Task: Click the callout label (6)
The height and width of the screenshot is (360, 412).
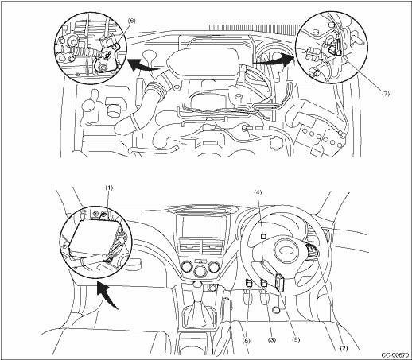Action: coord(131,21)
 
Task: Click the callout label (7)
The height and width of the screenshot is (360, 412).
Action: coord(386,94)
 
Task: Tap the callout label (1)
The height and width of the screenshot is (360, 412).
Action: coord(109,188)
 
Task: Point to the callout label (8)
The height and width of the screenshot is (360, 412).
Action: coord(247,340)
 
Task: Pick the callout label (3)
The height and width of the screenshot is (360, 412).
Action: coord(272,340)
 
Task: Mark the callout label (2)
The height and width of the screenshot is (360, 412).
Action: coord(344,349)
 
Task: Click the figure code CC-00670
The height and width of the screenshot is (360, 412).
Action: coord(395,355)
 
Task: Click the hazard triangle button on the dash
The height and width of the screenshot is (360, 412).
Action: coord(200,261)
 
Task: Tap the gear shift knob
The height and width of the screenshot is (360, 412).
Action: coord(197,287)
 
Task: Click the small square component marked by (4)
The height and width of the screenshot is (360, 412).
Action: coord(263,237)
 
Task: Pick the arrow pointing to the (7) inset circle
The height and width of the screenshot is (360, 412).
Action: coord(274,60)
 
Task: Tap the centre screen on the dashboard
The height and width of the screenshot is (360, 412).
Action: coord(200,226)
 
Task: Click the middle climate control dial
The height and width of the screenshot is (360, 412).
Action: coord(200,272)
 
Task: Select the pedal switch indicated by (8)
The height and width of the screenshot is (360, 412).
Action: coord(248,283)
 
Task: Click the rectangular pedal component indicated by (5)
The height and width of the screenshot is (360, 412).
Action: coord(281,283)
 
